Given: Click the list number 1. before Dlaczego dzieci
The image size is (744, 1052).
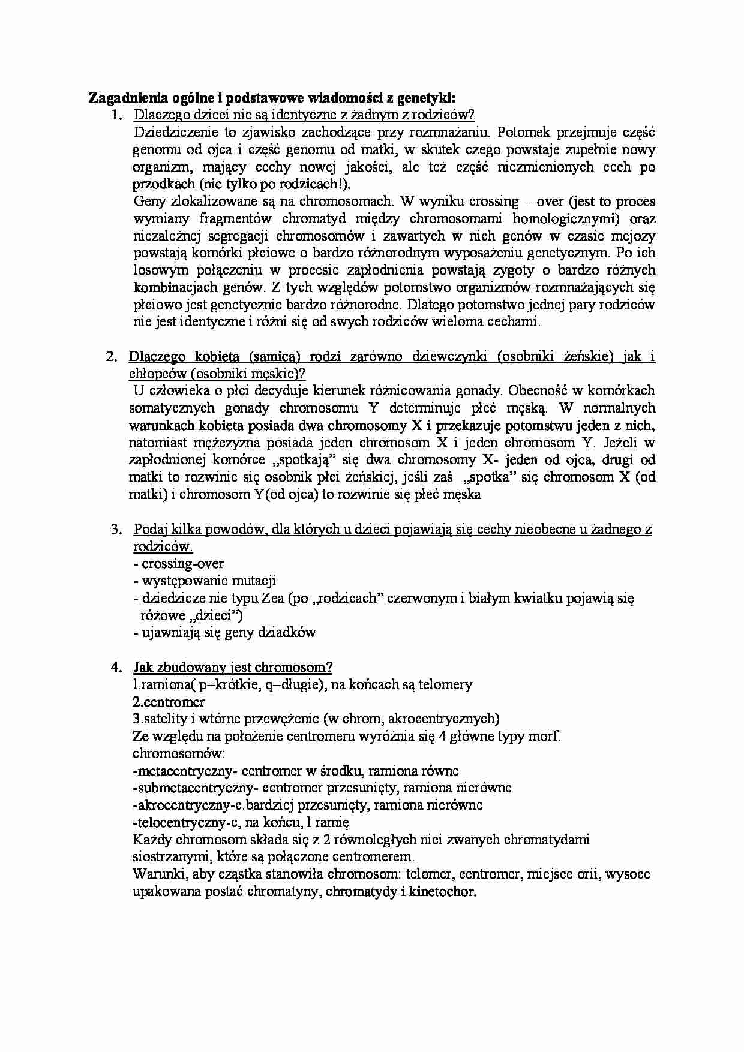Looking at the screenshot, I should tap(117, 115).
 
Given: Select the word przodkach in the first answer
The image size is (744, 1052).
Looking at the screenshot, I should tap(163, 184).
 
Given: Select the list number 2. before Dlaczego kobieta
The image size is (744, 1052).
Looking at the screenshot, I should tap(112, 357).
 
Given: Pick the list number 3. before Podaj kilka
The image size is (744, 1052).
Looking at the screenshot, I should tap(117, 530).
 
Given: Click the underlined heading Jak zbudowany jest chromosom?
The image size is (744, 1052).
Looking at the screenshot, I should tap(233, 668).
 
